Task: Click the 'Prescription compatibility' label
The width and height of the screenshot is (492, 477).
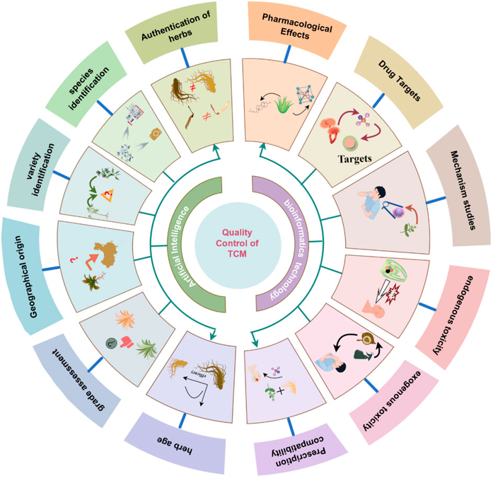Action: (294, 450)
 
